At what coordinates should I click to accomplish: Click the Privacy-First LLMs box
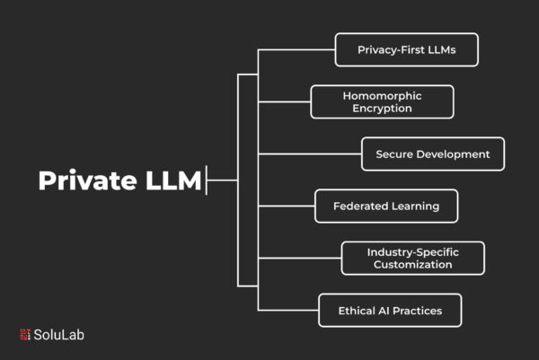[x=406, y=50]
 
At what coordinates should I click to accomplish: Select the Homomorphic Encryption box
[x=382, y=101]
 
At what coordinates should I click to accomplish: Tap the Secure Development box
[x=432, y=154]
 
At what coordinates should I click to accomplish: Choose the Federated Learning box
[x=386, y=206]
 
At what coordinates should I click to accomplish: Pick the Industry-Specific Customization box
[x=412, y=258]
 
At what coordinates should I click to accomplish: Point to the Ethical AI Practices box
[x=390, y=310]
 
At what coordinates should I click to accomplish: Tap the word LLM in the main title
[x=171, y=180]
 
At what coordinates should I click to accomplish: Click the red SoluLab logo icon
[x=24, y=335]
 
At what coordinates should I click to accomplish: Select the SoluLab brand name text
[x=59, y=335]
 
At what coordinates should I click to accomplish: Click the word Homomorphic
[x=382, y=95]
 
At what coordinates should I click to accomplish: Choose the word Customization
[x=412, y=265]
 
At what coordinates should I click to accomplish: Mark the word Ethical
[x=357, y=310]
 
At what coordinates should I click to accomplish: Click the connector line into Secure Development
[x=309, y=154]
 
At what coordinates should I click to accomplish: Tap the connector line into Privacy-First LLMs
[x=296, y=50]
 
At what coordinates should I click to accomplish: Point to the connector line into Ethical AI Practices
[x=287, y=310]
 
